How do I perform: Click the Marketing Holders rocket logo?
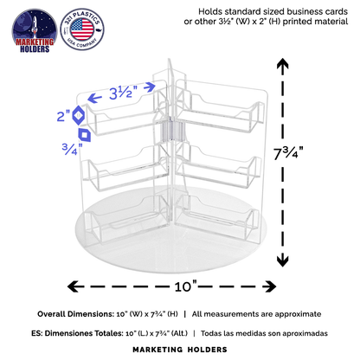35,31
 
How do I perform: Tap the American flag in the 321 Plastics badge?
82,29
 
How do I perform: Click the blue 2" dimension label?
63,116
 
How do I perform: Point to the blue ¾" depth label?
72,149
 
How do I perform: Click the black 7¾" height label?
288,152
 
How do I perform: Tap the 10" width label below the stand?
186,286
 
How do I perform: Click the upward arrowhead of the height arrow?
283,63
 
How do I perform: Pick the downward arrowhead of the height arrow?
283,260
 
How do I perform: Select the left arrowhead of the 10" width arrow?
74,286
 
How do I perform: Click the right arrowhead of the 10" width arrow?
270,286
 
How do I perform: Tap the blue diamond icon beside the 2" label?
78,115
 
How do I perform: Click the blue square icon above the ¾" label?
85,135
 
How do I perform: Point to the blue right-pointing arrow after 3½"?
150,87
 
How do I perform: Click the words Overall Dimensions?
76,314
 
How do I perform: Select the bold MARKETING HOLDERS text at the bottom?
180,350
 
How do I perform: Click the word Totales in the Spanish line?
110,333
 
